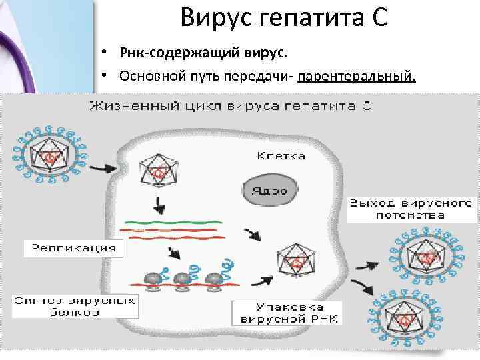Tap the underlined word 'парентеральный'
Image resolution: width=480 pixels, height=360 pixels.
(357, 76)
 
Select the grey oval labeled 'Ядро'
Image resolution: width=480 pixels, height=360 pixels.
(269, 190)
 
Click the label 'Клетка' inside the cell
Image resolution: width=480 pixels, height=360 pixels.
(281, 156)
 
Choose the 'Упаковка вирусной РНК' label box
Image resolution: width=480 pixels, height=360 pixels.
(287, 313)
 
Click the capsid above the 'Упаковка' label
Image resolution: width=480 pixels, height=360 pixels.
(296, 261)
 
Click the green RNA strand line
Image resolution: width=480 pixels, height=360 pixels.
(171, 221)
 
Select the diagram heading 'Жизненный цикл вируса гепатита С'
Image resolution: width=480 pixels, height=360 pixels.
(230, 105)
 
